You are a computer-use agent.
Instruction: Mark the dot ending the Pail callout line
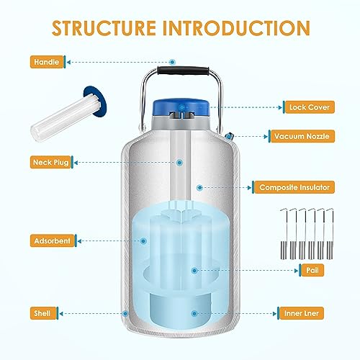coord(192,270)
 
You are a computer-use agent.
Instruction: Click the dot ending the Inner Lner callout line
coord(192,314)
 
